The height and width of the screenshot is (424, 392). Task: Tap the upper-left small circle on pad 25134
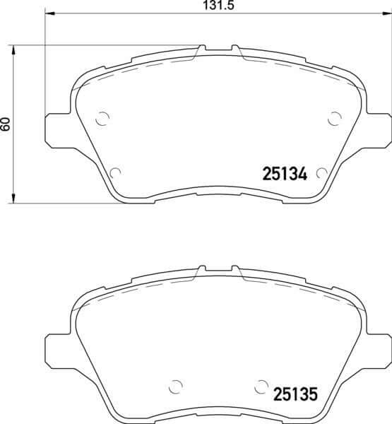(x=102, y=119)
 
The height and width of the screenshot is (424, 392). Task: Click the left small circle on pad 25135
(x=176, y=388)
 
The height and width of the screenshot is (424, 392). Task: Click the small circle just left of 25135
(x=262, y=388)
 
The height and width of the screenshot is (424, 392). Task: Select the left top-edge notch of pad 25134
(x=201, y=49)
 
